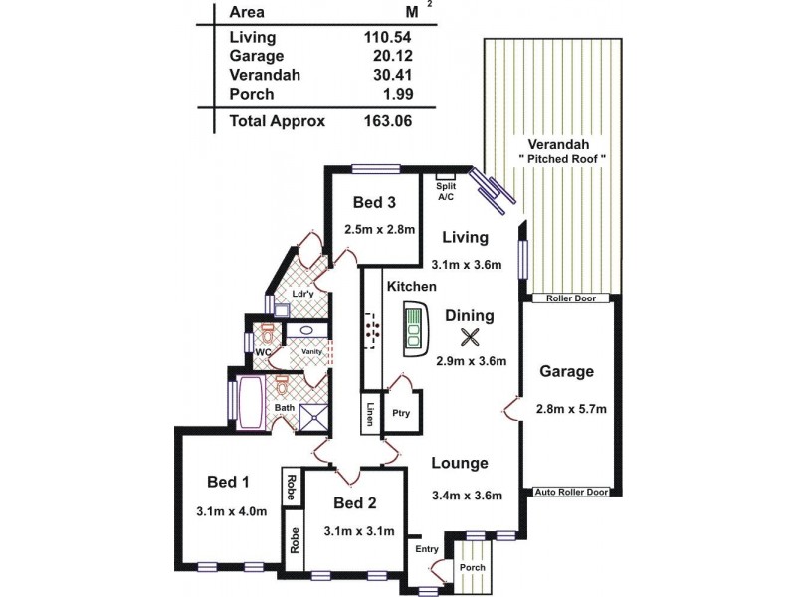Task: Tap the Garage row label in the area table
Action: click(x=257, y=57)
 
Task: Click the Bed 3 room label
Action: click(x=375, y=203)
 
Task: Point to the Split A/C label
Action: click(x=445, y=192)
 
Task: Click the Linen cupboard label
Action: click(x=369, y=414)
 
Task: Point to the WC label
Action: click(x=264, y=352)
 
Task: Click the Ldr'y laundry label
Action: click(x=303, y=294)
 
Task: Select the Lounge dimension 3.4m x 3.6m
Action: click(x=466, y=496)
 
